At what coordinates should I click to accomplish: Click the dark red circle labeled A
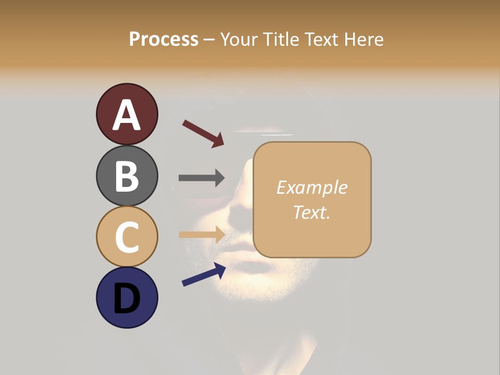coord(127,114)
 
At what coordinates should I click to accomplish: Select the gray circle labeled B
coord(127,176)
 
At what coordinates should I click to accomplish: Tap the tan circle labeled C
coord(127,236)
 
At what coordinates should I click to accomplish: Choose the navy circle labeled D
coord(127,297)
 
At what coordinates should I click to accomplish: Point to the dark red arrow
coord(203,133)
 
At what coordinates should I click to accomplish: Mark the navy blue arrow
coord(204,274)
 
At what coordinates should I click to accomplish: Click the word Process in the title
coord(164,39)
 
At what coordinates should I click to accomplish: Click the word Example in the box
coord(312,187)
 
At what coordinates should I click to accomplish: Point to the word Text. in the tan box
coord(312,212)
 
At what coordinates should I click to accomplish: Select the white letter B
coord(127,176)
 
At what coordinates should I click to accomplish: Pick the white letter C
coord(127,237)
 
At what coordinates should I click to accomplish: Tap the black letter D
coord(127,298)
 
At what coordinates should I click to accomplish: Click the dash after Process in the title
coord(209,40)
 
